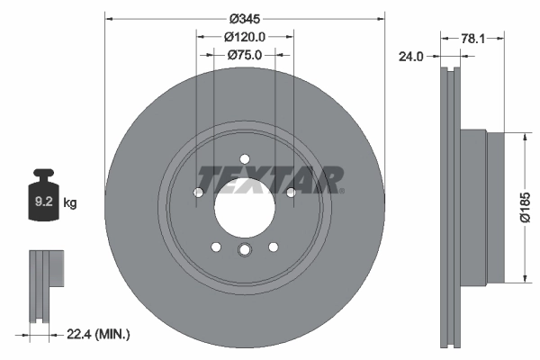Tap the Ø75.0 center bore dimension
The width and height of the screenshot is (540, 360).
(x=245, y=56)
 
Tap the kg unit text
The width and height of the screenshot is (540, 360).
(x=71, y=203)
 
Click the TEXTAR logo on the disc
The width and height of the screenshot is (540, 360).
(x=269, y=179)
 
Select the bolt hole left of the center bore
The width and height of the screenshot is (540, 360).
(x=199, y=192)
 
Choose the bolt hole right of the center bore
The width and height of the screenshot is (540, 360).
(x=290, y=192)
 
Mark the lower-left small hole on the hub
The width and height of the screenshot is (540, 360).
(x=216, y=247)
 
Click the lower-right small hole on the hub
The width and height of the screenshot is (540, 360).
(x=273, y=247)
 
